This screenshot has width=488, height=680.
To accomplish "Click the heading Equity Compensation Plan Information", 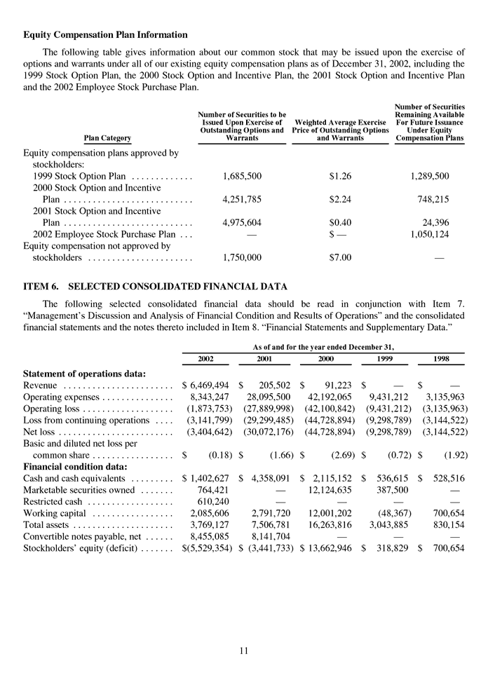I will (105, 34).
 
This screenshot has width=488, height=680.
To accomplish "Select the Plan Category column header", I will (107, 139).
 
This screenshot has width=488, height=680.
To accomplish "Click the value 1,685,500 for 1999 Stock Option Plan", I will (242, 176).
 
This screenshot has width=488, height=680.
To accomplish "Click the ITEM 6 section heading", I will (156, 286).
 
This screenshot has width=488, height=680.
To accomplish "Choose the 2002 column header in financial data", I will (205, 358).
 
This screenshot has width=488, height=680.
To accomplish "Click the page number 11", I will (243, 651).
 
